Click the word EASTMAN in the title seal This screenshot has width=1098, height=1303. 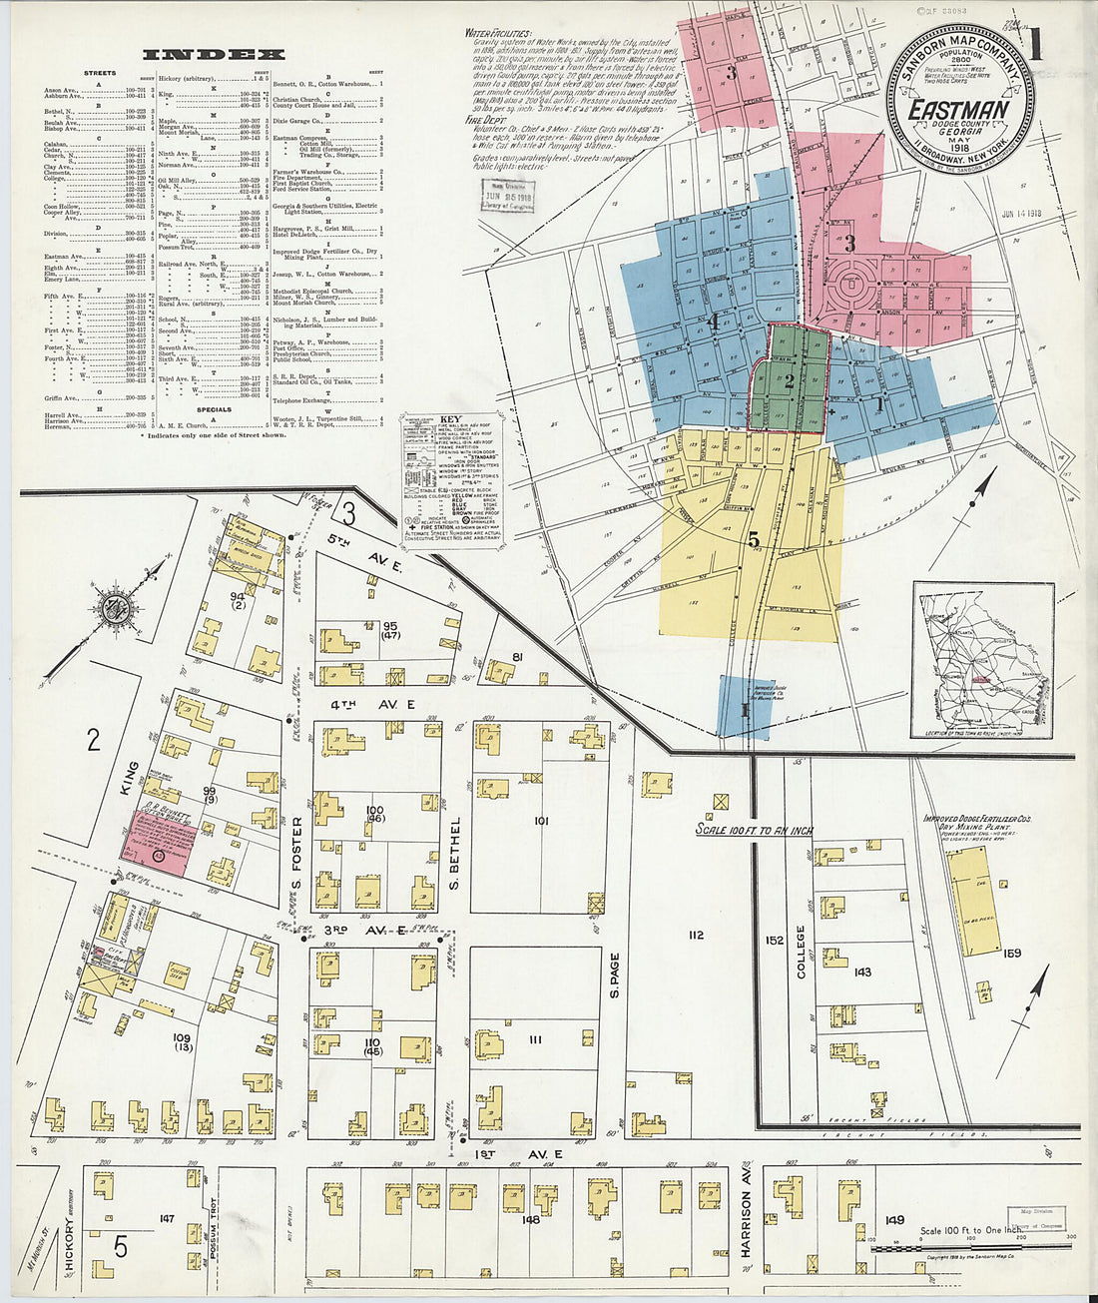tap(958, 109)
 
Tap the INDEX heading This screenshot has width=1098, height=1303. tap(214, 55)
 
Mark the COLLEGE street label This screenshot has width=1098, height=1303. tap(801, 950)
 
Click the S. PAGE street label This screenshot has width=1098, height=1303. tap(615, 975)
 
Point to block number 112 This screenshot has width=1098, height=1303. tap(696, 935)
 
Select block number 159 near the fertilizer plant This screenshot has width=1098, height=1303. tap(1011, 954)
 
